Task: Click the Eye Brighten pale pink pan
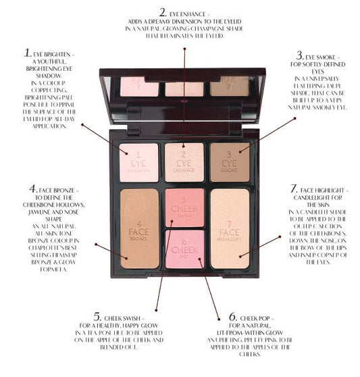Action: coord(138,162)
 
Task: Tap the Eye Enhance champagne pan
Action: coord(184,162)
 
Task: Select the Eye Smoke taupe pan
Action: coord(230,162)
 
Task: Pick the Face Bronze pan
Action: coord(138,228)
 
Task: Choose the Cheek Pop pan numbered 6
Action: coord(184,248)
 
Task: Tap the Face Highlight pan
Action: coord(230,228)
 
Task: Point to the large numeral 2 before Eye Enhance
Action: coord(163,11)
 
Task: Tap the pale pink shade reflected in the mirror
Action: coord(140,86)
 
